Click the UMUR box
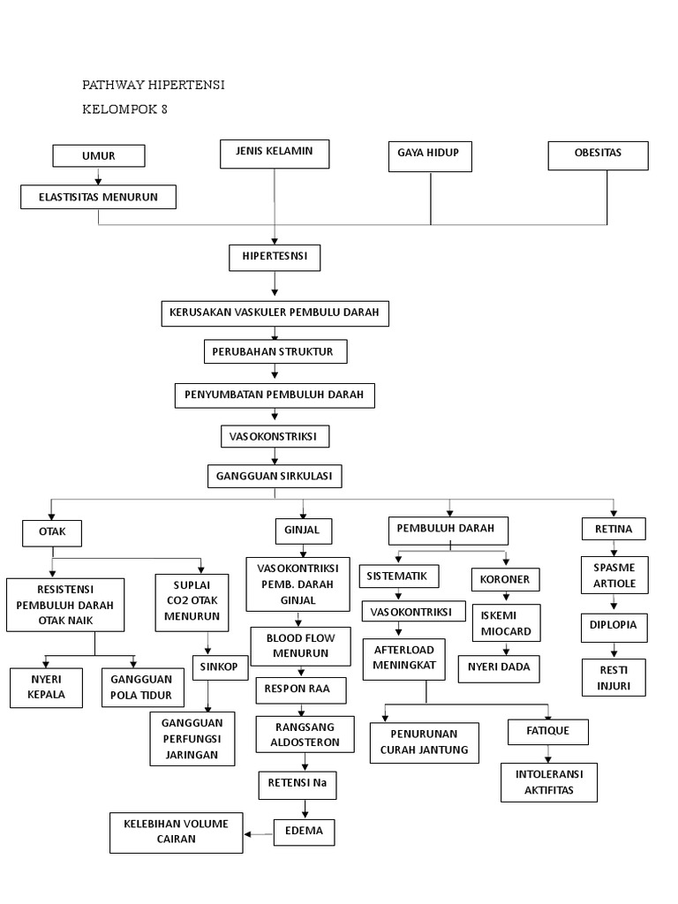click(x=99, y=156)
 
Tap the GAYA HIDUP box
click(x=429, y=155)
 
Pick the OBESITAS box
click(x=598, y=154)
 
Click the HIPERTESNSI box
click(x=275, y=258)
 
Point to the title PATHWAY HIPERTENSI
click(x=154, y=85)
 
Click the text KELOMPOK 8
click(x=124, y=110)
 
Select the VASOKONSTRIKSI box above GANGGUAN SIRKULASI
click(x=275, y=436)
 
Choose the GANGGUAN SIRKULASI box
click(x=275, y=476)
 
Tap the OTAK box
click(x=52, y=532)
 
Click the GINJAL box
click(x=303, y=531)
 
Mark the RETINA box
click(x=614, y=529)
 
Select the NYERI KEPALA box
click(x=46, y=688)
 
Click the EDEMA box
click(x=305, y=832)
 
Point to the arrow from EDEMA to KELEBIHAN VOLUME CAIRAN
click(x=259, y=832)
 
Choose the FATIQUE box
click(x=548, y=732)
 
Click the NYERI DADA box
click(x=499, y=668)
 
